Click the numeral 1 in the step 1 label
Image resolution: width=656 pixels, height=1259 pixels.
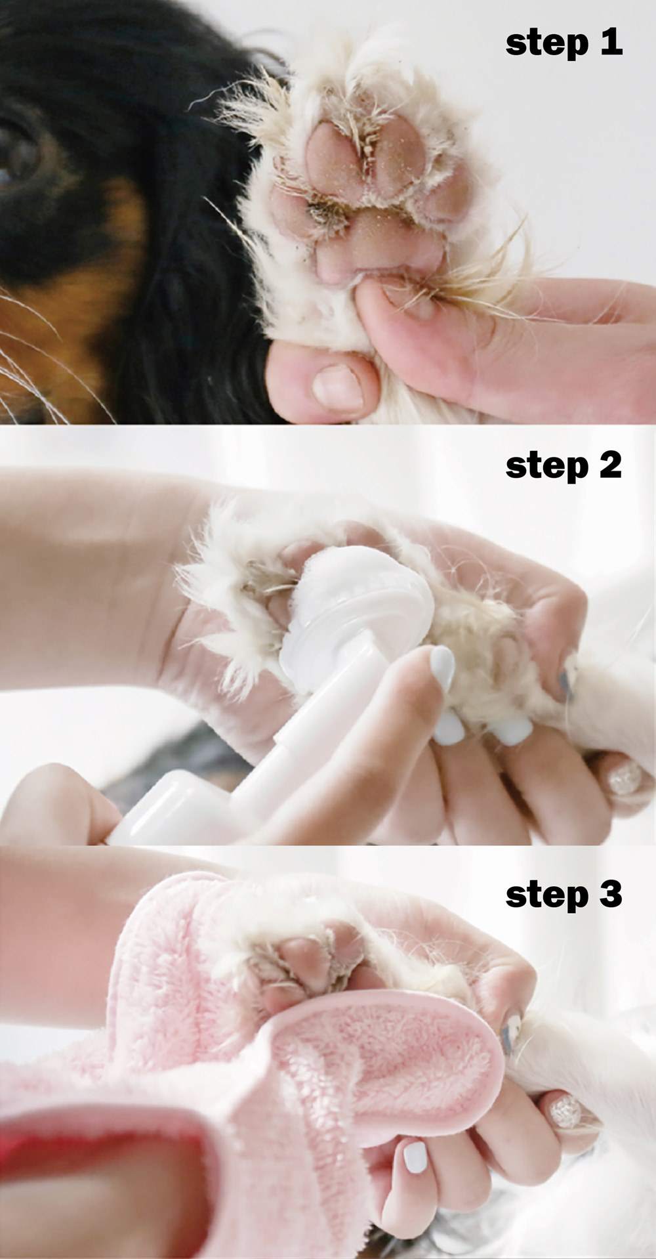(x=611, y=43)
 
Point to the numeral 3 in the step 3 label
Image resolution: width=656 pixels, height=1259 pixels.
(x=610, y=893)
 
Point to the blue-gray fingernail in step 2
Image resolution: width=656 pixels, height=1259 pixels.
(x=565, y=676)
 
